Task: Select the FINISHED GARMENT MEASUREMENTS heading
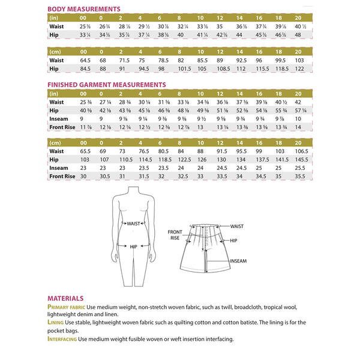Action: pos(106,85)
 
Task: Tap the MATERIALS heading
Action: pos(65,298)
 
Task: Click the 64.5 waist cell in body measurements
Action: pos(85,60)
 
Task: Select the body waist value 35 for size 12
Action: pos(220,27)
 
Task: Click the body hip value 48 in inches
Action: pos(300,35)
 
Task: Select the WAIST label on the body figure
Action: pos(133,224)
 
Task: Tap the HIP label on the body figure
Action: pos(133,245)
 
